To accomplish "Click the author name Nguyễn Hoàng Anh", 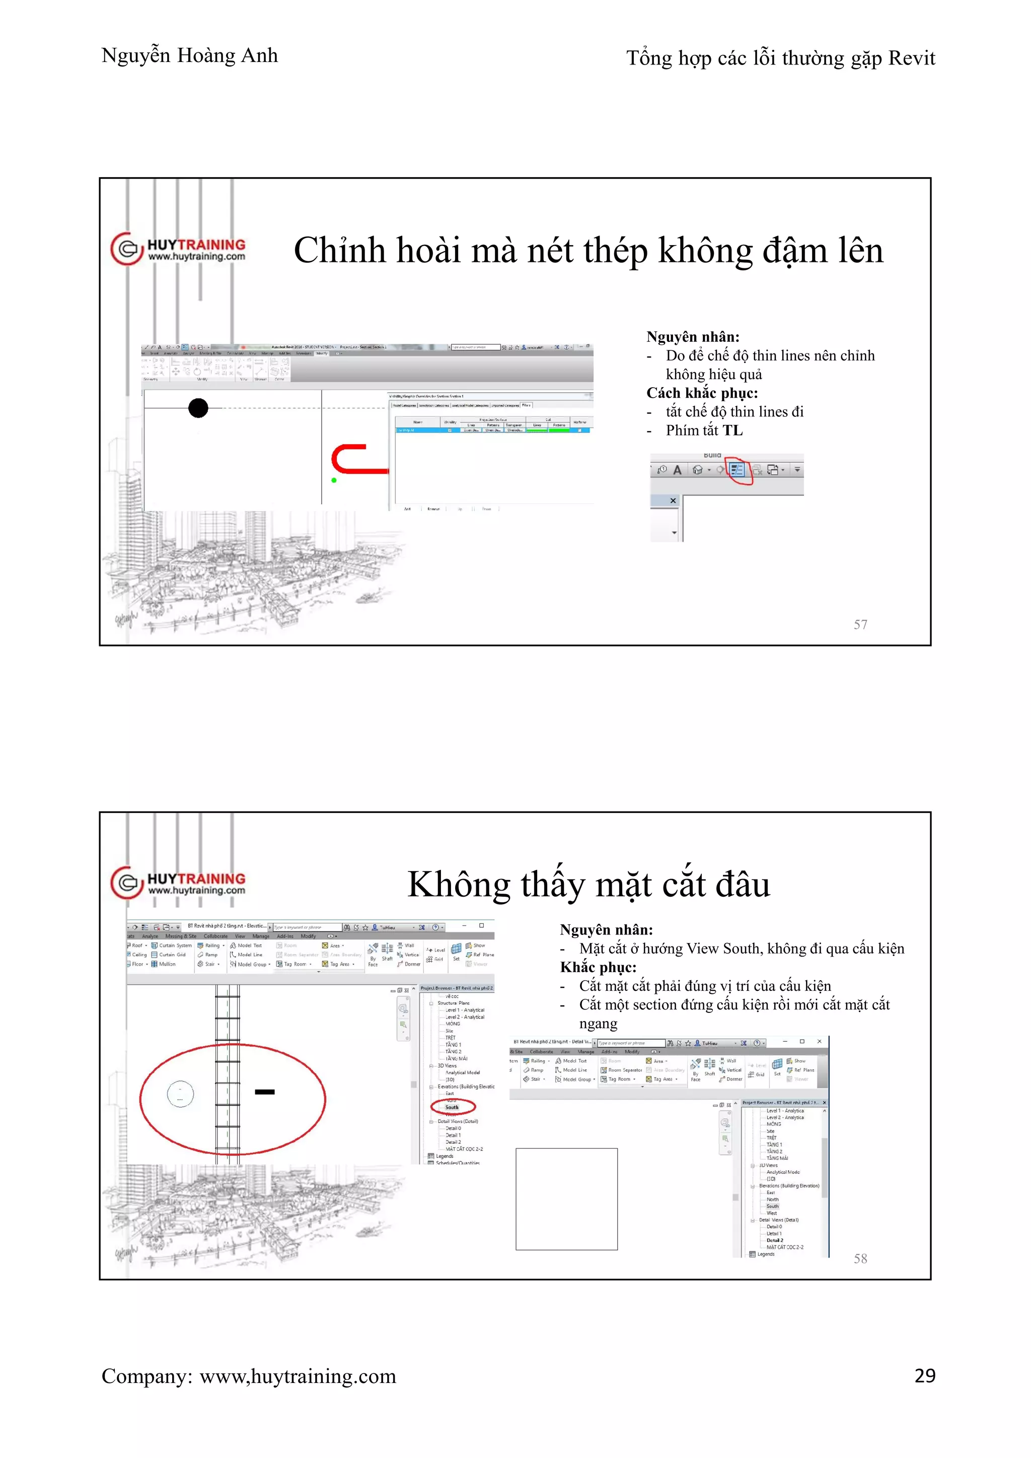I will click(x=189, y=56).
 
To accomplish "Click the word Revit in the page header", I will click(x=911, y=58).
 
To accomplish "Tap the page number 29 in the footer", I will click(x=924, y=1375).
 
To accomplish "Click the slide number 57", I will click(x=860, y=624).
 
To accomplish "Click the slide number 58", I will click(x=860, y=1258).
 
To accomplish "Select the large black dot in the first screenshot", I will click(x=198, y=408).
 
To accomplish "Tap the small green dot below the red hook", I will click(x=334, y=480).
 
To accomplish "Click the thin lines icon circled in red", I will click(x=737, y=470).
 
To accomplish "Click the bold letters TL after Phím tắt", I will click(x=732, y=430).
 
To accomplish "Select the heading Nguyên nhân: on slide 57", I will click(x=693, y=337).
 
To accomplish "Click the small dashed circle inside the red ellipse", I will click(x=180, y=1094).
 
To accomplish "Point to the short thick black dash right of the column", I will click(x=264, y=1091).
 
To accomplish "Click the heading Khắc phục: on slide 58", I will click(x=598, y=967).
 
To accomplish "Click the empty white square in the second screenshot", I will click(x=566, y=1199).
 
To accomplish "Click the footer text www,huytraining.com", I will click(x=297, y=1376).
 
